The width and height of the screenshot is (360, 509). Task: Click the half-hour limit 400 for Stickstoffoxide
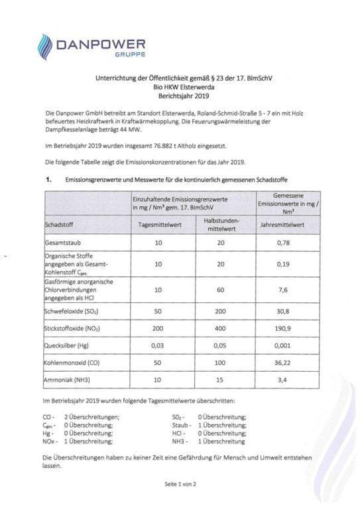(222, 328)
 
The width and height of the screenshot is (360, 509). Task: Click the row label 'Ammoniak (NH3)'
(68, 382)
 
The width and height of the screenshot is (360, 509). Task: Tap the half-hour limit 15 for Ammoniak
(222, 382)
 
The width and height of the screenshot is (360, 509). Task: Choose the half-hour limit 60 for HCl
(222, 288)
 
